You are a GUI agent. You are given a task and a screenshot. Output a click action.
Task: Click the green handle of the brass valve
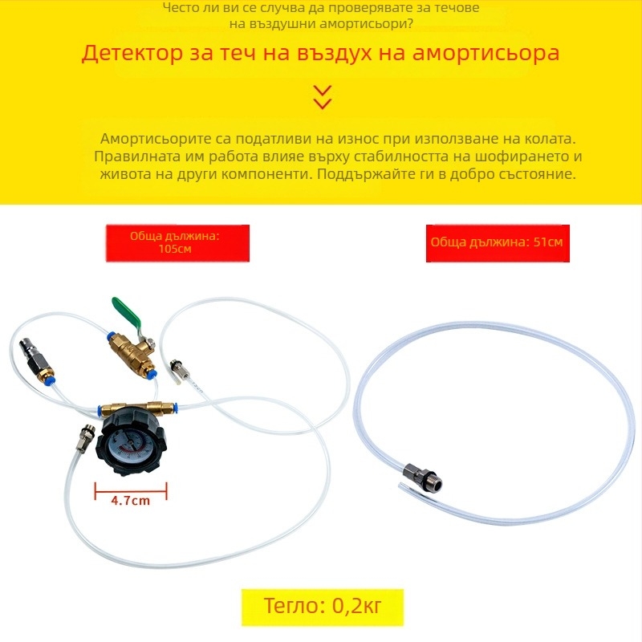126,312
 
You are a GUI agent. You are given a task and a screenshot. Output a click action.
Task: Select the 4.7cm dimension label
131,500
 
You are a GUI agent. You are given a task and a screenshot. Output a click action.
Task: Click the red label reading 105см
177,243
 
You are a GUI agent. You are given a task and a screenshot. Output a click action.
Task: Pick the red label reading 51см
498,243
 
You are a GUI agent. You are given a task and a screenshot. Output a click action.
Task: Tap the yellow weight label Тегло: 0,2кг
323,607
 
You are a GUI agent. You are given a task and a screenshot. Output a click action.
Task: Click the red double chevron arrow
323,97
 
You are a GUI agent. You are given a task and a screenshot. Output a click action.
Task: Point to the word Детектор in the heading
132,54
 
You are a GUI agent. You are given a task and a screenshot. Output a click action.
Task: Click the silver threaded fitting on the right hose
423,477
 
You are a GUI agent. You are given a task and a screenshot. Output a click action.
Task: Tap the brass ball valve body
131,352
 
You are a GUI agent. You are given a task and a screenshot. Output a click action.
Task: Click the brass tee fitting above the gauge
140,408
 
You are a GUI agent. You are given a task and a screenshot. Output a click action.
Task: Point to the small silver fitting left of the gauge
86,437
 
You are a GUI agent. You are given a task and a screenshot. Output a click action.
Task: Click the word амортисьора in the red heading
486,54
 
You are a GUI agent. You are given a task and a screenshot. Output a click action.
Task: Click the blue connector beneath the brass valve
152,373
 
